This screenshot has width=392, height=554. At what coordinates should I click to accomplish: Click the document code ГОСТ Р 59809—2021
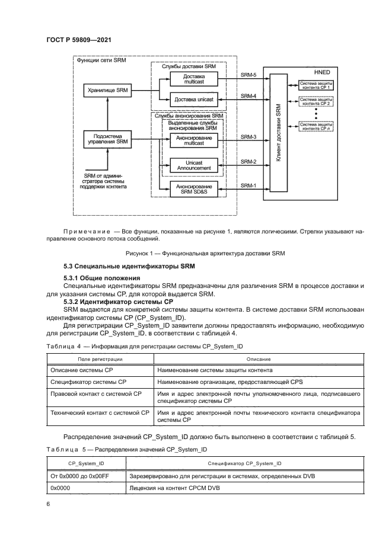[79, 40]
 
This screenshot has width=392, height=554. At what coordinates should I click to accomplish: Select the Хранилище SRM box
[107, 90]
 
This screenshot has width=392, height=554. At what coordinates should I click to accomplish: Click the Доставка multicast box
[193, 79]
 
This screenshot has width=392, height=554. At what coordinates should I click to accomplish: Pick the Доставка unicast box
[193, 100]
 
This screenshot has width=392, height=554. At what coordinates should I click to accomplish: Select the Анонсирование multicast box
[193, 140]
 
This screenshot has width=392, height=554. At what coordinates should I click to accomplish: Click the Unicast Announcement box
[193, 165]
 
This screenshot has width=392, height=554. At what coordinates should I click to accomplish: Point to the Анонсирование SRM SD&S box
[193, 190]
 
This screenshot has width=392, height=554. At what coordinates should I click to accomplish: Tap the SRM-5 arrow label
[248, 75]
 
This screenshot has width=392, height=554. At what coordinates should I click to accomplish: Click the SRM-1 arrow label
[248, 185]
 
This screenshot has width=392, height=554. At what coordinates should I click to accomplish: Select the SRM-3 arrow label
[248, 136]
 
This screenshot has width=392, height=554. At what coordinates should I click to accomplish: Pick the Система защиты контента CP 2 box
[315, 101]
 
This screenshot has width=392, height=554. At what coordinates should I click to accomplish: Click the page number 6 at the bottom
[48, 504]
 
